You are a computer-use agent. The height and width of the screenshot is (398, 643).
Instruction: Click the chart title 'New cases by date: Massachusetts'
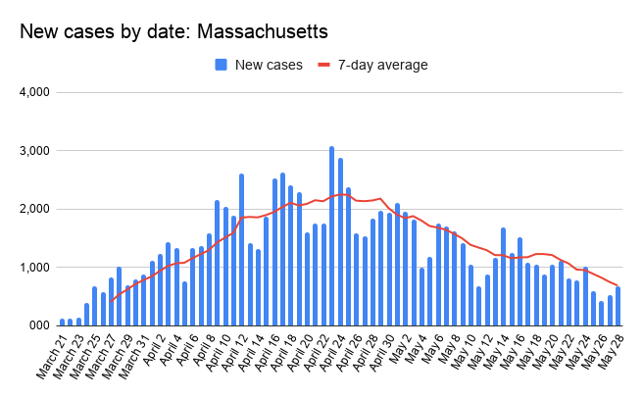pos(173,32)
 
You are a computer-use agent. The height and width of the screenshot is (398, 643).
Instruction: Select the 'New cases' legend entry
pos(261,65)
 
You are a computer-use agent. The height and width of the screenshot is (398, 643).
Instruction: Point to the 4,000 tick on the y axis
pos(33,93)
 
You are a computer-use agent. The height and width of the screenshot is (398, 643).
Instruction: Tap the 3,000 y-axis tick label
pos(33,151)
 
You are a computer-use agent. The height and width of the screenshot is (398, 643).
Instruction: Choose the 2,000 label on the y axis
pos(33,209)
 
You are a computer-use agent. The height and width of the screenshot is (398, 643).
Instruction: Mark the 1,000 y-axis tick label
pos(33,267)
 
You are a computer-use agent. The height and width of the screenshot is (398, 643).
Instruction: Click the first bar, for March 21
pos(62,322)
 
